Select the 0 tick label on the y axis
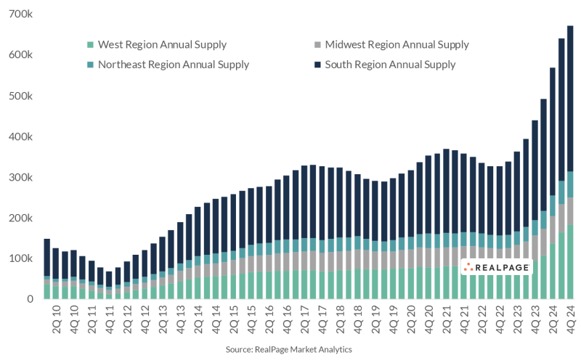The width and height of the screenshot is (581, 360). click(x=30, y=299)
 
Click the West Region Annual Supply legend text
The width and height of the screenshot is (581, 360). click(x=161, y=45)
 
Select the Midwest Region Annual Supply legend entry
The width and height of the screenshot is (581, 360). click(x=397, y=45)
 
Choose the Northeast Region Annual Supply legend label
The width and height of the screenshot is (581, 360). click(x=173, y=65)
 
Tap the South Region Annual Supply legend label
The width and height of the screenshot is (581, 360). click(x=390, y=65)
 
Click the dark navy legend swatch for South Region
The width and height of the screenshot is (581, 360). click(x=317, y=65)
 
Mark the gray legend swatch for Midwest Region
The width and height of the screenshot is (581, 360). click(x=317, y=45)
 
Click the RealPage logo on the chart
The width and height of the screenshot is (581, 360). click(x=492, y=268)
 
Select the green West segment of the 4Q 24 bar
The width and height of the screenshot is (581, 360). click(x=570, y=261)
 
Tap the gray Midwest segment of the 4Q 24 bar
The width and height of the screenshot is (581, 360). click(x=570, y=210)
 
